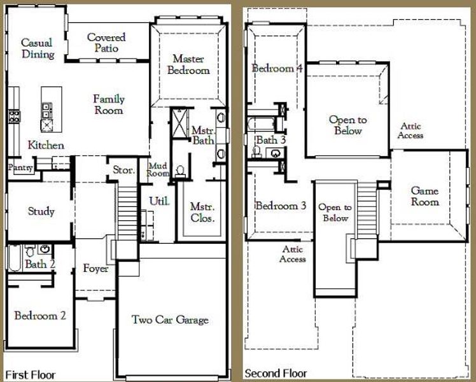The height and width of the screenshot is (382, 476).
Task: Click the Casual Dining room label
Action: coord(37,48)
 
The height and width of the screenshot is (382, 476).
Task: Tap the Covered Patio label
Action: coord(106,43)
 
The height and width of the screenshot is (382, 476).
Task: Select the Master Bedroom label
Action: coord(188,64)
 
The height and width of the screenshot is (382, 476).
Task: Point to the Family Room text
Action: coord(109,104)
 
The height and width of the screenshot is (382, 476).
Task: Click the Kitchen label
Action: coord(46,145)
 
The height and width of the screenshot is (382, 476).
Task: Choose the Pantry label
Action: coord(20,167)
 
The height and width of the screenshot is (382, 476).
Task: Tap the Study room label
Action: coord(41,211)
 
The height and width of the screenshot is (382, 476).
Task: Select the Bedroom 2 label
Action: coord(41,315)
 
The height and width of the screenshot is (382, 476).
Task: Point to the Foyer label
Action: coord(95,269)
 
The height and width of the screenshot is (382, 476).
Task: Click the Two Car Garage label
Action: coord(170,320)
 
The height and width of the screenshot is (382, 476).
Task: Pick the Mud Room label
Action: coord(158,169)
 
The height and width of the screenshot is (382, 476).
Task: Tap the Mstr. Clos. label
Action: coord(202,213)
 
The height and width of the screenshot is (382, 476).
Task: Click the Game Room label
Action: coord(424,196)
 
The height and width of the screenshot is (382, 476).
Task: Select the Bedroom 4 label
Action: coord(276,68)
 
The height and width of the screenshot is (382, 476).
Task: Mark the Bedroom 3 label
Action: coord(281,206)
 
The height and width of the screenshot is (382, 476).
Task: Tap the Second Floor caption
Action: coord(276,373)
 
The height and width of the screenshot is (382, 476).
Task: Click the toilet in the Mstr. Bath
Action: coord(181,171)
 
